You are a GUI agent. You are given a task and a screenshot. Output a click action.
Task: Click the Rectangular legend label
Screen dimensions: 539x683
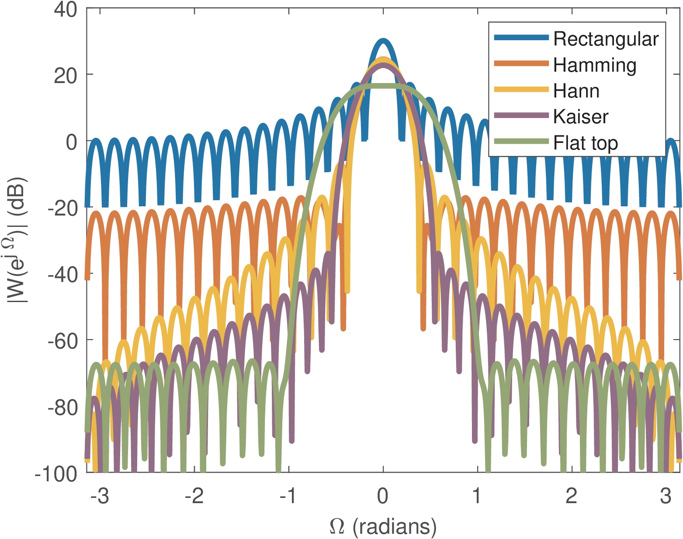(606, 39)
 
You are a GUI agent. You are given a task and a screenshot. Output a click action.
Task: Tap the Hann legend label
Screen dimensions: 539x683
(576, 91)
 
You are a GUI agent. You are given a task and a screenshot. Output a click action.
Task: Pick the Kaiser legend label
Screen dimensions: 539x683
(581, 117)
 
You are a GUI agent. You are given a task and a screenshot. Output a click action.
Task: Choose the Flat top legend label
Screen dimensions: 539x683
(586, 143)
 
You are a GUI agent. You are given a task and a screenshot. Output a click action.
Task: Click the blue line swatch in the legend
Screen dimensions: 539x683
(521, 38)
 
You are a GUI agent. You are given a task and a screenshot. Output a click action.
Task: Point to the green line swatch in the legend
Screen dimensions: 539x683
(521, 141)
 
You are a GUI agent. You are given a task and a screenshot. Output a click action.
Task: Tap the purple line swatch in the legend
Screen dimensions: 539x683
(521, 115)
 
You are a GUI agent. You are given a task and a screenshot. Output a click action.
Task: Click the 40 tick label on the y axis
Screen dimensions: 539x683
(66, 10)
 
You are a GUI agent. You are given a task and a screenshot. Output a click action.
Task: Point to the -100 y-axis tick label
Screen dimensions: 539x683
(57, 473)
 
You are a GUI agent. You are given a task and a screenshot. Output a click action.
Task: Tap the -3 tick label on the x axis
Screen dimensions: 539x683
(100, 496)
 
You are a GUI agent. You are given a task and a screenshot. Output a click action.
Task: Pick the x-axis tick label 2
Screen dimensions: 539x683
(571, 496)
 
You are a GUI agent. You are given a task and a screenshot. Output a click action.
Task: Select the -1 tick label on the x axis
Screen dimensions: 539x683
(288, 496)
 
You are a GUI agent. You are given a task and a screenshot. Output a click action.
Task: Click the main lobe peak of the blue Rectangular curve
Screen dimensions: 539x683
(383, 40)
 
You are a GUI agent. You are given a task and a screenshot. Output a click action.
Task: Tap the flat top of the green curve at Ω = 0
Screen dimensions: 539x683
(383, 86)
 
